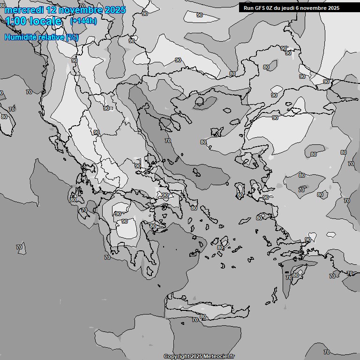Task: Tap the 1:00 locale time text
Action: (x=33, y=21)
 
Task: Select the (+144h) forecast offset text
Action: (x=83, y=21)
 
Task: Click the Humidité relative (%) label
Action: (x=41, y=37)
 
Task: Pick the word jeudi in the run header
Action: (x=289, y=8)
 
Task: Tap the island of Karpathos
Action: (x=274, y=294)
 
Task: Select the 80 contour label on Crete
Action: (x=203, y=316)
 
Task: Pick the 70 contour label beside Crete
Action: (x=195, y=320)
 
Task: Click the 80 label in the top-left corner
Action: (x=3, y=5)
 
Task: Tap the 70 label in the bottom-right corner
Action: (x=327, y=352)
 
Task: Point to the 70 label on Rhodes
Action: (x=289, y=277)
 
